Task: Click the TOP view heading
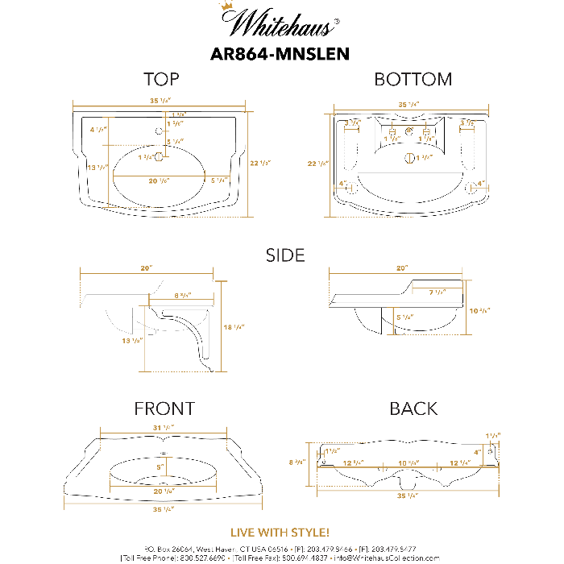point(161,79)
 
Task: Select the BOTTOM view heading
point(413,79)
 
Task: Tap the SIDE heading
point(285,255)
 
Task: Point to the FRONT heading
point(164,408)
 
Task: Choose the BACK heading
point(413,408)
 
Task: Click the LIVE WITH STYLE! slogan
point(280,533)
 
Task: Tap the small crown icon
point(226,6)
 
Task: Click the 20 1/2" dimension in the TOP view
point(159,181)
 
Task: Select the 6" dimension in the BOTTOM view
point(409,129)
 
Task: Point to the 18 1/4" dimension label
point(234,327)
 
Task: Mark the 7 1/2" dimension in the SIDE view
point(437,292)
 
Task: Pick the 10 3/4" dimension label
point(479,310)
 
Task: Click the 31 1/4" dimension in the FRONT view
point(163,428)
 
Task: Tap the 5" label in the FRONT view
point(160,467)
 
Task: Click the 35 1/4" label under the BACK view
point(408,496)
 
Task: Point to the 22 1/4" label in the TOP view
point(259,164)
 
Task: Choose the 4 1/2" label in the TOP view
point(97,130)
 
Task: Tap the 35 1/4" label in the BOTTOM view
point(408,105)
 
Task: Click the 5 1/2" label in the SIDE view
point(404,317)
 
